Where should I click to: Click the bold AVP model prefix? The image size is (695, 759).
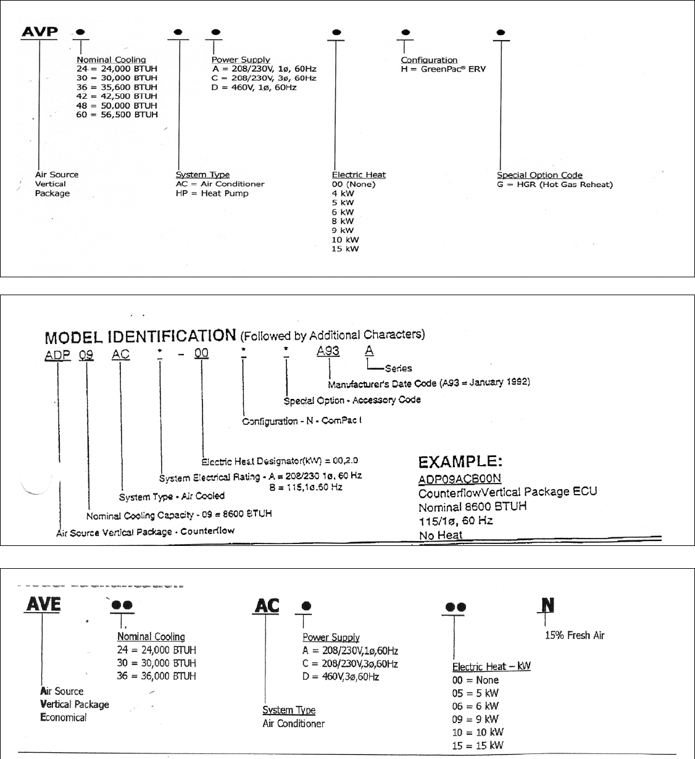tap(40, 31)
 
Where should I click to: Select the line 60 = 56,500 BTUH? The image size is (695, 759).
tap(117, 114)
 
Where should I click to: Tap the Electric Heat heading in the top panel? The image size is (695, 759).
tap(359, 175)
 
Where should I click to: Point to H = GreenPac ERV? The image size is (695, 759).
tap(443, 69)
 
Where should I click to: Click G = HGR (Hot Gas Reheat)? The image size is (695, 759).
tap(555, 184)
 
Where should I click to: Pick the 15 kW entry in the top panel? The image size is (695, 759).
tap(345, 249)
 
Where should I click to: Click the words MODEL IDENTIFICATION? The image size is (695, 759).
tap(140, 337)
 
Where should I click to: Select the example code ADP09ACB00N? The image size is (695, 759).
tap(460, 479)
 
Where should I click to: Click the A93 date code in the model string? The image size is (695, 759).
tap(328, 351)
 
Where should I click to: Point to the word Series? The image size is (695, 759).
tap(398, 368)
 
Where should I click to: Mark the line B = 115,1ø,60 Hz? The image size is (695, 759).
tap(306, 487)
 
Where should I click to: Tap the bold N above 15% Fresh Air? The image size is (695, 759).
tap(547, 605)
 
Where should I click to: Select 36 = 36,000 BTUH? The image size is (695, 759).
tap(156, 676)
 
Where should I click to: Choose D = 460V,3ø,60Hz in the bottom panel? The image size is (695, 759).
tap(349, 677)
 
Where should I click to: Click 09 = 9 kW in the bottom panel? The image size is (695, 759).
tap(475, 719)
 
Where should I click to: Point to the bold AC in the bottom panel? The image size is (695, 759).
tap(267, 606)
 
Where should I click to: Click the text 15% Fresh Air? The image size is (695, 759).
tap(575, 635)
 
